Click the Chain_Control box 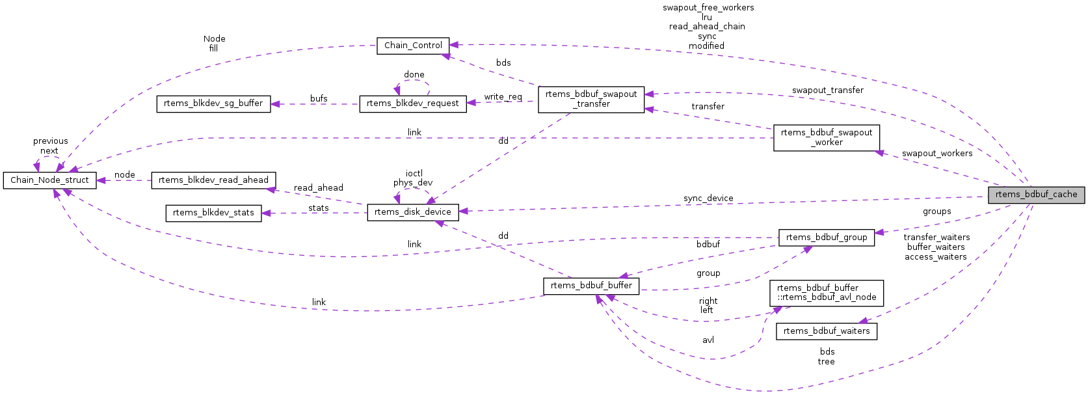point(413,46)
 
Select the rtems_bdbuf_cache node point(1036,195)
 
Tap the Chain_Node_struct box point(49,180)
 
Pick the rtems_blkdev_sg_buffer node point(213,103)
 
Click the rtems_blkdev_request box point(412,103)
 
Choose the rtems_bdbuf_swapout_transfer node point(591,99)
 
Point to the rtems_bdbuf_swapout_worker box point(826,137)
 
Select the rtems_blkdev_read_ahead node point(213,180)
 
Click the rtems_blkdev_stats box point(213,213)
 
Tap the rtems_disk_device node point(412,212)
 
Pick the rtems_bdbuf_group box point(826,238)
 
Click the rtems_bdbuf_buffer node point(591,286)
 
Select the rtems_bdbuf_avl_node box point(826,293)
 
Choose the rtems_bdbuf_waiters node point(826,331)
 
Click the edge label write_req point(503,97)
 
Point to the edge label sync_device point(708,198)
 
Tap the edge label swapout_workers point(936,154)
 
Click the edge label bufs point(319,99)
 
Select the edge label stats point(318,208)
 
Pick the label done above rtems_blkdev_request point(414,75)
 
